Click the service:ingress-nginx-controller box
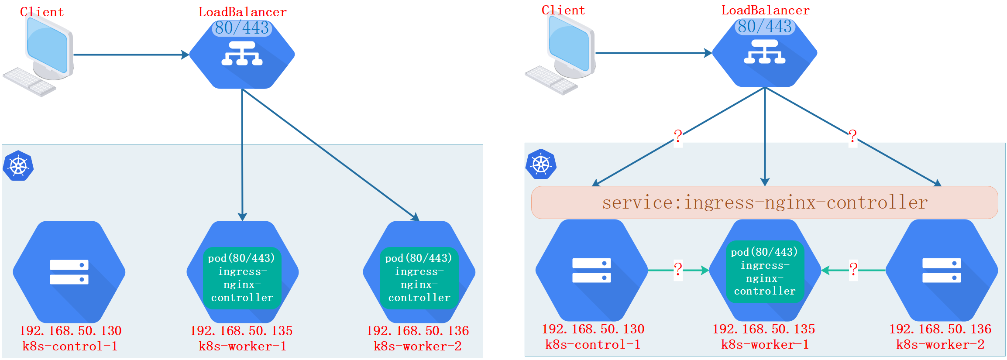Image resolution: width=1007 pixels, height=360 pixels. point(764,202)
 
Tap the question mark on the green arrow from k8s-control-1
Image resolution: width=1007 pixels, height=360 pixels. point(678,269)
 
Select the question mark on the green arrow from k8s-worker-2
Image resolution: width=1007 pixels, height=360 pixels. point(853,269)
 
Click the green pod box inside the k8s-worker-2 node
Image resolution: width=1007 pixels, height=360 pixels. point(419,278)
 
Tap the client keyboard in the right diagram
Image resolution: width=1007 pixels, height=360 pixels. point(551,80)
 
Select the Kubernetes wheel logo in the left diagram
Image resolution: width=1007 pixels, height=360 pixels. point(18,166)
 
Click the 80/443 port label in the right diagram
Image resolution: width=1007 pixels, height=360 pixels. point(765,27)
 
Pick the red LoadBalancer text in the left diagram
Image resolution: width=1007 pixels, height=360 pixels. point(243,12)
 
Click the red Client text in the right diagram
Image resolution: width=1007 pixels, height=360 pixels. point(563,10)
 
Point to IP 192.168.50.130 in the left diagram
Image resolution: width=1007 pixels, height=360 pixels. point(70,331)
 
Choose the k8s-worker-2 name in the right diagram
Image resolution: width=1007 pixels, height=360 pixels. point(940,345)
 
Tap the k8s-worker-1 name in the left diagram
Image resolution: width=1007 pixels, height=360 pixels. point(243,346)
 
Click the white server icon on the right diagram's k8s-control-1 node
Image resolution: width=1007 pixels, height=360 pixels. point(591,270)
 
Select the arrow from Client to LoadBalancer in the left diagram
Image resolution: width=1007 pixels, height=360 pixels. point(131,55)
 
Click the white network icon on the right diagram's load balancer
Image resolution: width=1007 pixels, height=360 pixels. point(765,52)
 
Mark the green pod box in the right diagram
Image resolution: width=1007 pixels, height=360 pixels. point(765,271)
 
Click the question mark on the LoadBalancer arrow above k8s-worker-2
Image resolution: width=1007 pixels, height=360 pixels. point(852,137)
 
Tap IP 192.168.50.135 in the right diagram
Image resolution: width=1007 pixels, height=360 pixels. point(764,329)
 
